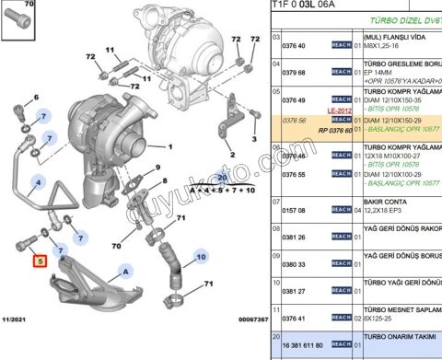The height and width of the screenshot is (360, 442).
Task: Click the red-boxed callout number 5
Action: [x=39, y=261]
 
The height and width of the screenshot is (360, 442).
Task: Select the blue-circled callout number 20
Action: [x=221, y=177]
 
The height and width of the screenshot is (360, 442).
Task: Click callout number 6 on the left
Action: [x=36, y=97]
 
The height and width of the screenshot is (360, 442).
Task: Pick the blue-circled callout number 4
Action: [x=38, y=180]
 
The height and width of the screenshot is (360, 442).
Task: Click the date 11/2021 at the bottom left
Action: [x=18, y=319]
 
